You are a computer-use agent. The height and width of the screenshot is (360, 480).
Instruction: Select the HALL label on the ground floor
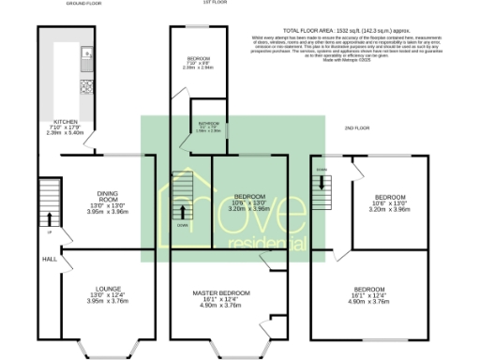[50, 259]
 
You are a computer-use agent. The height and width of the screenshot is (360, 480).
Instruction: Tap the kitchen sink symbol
[85, 52]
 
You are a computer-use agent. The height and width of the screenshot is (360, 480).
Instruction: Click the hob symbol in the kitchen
[86, 87]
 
